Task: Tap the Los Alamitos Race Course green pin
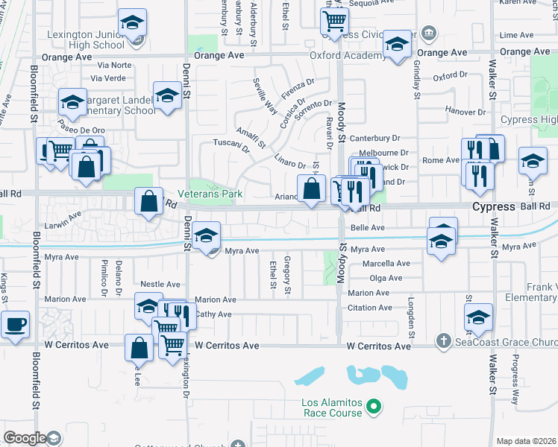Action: pos(375,407)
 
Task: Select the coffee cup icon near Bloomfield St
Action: pos(15,324)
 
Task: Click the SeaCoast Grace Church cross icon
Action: pos(443,340)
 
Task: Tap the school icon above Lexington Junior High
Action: pos(133,23)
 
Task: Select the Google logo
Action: pos(25,438)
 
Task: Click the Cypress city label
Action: pos(493,206)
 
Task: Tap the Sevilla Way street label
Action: pos(265,95)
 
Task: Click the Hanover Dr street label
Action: pos(465,111)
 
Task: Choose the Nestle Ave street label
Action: pos(160,285)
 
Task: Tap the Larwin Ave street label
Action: pos(62,219)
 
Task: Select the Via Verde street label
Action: pos(108,77)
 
